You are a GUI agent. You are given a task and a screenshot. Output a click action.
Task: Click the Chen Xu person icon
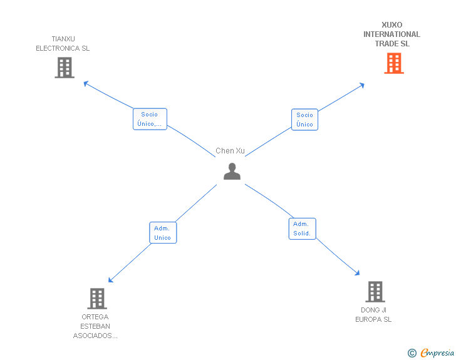232,172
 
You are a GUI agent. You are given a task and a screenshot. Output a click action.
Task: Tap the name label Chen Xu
230,151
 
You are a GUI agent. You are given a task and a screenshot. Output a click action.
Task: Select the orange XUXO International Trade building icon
394,63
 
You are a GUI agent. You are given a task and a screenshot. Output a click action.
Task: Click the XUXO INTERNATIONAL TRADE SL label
391,34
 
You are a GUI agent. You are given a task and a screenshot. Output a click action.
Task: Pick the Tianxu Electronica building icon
65,68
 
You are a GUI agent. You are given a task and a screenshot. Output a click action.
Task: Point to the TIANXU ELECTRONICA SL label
63,44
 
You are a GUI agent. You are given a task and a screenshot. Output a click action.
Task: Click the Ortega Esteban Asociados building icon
97,299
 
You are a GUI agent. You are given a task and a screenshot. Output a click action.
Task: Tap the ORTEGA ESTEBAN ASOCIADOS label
95,326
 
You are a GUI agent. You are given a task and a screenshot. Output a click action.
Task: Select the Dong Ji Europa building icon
375,292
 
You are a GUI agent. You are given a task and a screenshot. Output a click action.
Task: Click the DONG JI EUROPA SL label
373,315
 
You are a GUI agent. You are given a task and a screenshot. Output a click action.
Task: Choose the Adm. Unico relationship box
163,233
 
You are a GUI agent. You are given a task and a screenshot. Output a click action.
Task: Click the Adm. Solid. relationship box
302,229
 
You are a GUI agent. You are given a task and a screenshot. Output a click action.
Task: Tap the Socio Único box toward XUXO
304,120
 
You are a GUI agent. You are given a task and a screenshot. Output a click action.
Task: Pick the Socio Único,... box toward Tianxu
150,119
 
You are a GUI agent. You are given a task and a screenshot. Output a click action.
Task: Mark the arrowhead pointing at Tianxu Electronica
85,83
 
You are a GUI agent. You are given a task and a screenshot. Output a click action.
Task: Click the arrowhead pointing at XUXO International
362,85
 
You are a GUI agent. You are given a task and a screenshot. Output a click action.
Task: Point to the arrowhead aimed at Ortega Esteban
110,280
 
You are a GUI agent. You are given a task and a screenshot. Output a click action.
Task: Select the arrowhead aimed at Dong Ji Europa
358,273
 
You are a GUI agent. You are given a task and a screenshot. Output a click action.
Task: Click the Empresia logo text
437,352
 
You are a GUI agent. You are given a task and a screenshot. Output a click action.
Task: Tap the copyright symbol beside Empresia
412,353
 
